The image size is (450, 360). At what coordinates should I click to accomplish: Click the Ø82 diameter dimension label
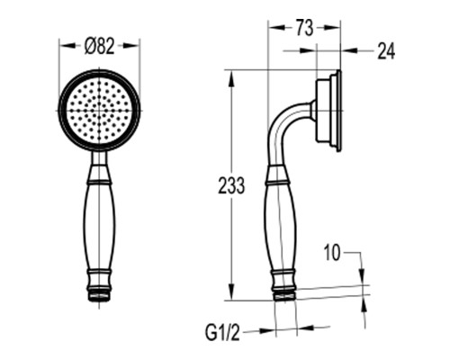point(99,47)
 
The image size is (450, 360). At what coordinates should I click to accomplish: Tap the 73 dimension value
point(304,28)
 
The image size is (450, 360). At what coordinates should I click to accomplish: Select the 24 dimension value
point(386,51)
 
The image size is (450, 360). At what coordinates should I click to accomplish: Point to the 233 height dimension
point(231,185)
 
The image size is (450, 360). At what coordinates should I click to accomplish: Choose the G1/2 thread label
point(223,332)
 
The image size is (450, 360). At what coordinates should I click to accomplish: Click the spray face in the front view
point(99,111)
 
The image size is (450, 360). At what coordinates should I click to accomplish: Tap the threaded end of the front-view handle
point(99,295)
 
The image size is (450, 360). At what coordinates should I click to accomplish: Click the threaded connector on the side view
point(285,295)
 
